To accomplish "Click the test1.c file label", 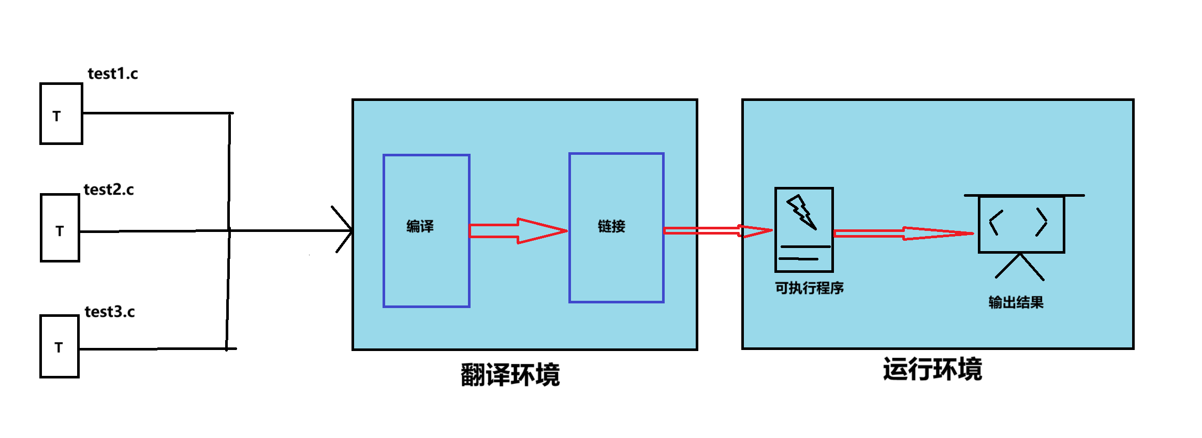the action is click(113, 74).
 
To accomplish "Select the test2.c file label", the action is click(109, 190).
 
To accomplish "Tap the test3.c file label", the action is click(110, 312).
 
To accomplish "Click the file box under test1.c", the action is click(61, 113).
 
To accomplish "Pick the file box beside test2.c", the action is click(60, 228).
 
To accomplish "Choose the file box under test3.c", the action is click(60, 346).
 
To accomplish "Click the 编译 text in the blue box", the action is click(420, 226).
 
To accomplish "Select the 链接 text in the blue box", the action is click(611, 226).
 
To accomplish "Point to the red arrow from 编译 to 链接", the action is click(518, 231).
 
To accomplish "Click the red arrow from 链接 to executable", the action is click(717, 231).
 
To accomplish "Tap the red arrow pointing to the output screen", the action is click(903, 233).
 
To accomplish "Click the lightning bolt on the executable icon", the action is click(801, 211).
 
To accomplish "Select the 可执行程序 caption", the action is click(809, 288).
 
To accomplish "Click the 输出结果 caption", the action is click(1016, 302).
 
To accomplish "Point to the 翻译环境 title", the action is click(510, 375).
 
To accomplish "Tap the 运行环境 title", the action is click(932, 370).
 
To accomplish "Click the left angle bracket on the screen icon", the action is click(995, 223).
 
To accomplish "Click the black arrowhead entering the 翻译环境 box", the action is click(346, 229).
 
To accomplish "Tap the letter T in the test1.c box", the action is click(56, 116).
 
